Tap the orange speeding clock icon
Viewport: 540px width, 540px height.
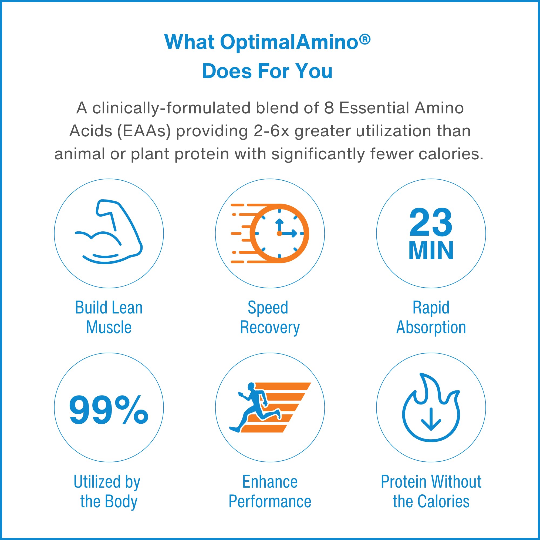(270, 233)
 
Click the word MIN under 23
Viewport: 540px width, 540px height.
(431, 251)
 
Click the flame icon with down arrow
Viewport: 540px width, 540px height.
(431, 407)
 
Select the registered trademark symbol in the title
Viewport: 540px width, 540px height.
(365, 40)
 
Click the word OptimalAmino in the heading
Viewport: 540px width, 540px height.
(289, 42)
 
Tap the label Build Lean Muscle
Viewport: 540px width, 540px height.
(109, 317)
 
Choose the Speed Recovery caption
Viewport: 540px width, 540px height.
(270, 318)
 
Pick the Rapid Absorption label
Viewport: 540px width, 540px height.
(431, 318)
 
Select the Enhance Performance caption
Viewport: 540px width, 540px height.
(270, 491)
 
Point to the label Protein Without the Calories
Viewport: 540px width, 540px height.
(431, 491)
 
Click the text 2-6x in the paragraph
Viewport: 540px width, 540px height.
(271, 131)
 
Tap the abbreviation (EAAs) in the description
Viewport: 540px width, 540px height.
(144, 131)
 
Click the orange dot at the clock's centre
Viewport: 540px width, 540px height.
(279, 233)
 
